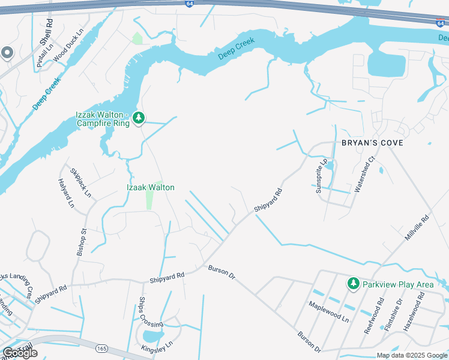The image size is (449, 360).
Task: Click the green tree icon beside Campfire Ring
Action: pyautogui.click(x=139, y=118)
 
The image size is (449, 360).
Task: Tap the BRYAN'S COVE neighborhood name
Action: pyautogui.click(x=372, y=143)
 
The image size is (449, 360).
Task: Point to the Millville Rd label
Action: pyautogui.click(x=418, y=229)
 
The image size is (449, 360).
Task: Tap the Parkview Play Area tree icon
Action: pyautogui.click(x=354, y=283)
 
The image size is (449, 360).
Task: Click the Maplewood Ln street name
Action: pyautogui.click(x=328, y=312)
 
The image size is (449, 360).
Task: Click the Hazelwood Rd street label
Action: pyautogui.click(x=415, y=312)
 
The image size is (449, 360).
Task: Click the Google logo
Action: pyautogui.click(x=20, y=352)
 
